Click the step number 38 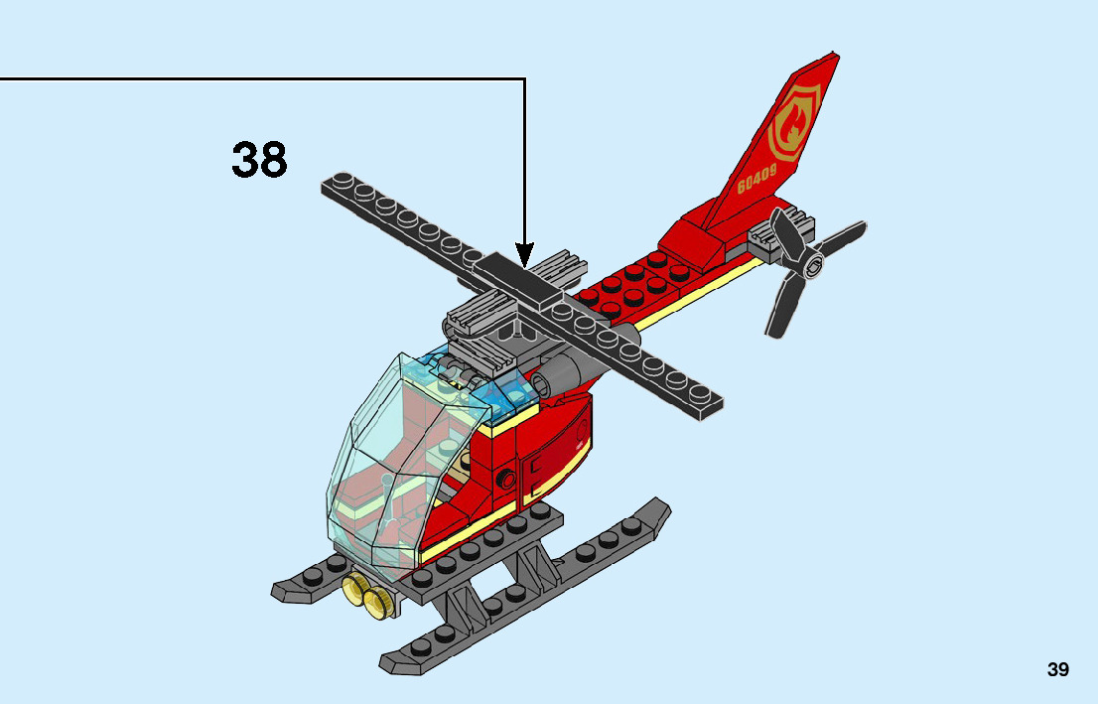tap(259, 159)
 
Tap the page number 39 tap(1057, 669)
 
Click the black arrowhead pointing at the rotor tap(524, 254)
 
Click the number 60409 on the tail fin tap(756, 181)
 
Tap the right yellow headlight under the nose tap(377, 601)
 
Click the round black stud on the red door tap(507, 479)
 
